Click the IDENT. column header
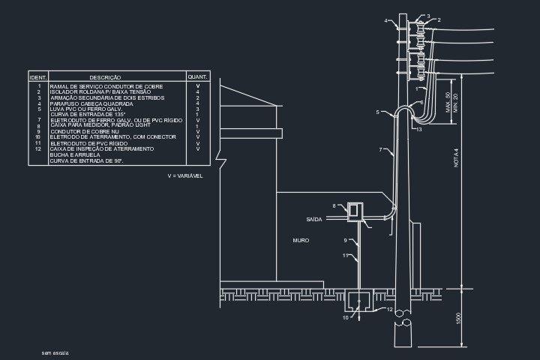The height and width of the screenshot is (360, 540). click(x=38, y=77)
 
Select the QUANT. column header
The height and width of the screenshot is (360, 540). click(x=197, y=77)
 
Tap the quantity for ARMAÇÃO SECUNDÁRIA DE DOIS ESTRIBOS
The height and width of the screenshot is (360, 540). click(x=197, y=97)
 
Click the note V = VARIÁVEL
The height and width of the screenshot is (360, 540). click(x=185, y=175)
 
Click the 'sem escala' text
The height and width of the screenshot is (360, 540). click(x=55, y=352)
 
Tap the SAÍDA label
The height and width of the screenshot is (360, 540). click(x=314, y=219)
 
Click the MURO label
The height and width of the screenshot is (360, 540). click(x=301, y=240)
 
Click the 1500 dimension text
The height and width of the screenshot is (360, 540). click(x=458, y=318)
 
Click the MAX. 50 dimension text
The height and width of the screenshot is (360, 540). click(x=448, y=101)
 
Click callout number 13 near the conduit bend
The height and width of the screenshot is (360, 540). click(x=418, y=130)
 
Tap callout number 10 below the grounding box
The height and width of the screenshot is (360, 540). click(x=346, y=317)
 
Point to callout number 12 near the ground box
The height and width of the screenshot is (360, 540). click(x=388, y=309)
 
